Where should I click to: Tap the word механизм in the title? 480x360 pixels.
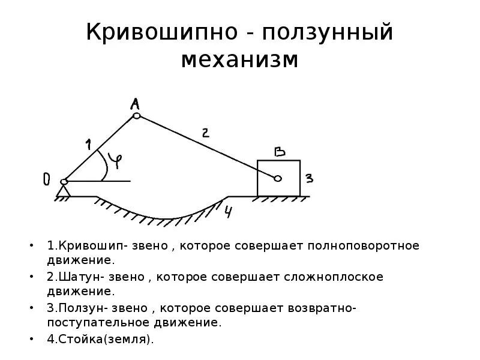click(240, 59)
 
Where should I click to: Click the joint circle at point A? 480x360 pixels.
click(137, 116)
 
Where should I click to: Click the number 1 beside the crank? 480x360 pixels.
click(88, 144)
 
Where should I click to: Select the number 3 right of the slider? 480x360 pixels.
click(308, 178)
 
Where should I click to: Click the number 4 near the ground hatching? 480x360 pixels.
click(229, 211)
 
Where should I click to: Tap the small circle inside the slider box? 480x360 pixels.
click(278, 178)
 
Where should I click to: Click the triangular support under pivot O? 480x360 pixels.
click(64, 191)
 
